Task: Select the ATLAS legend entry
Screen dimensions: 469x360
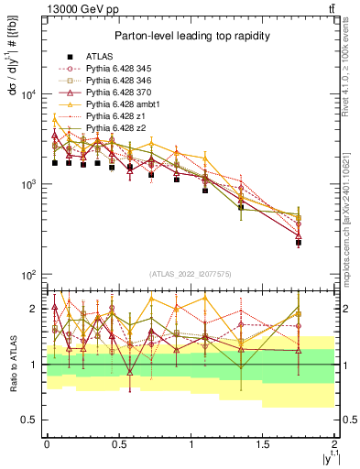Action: (101, 55)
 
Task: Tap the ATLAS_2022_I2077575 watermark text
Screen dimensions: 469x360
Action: (191, 275)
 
